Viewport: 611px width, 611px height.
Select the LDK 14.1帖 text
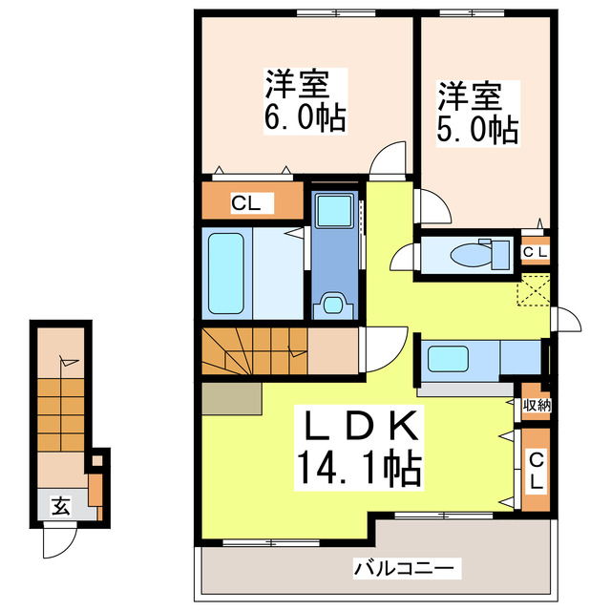pos(358,445)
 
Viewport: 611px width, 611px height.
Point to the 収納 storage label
pos(534,404)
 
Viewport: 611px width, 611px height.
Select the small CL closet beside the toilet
pos(535,251)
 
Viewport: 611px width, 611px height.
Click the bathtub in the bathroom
pos(227,273)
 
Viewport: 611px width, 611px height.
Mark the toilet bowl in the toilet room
pos(470,256)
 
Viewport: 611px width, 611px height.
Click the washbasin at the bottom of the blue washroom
pos(333,304)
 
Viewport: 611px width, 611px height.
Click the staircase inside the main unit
pos(254,351)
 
